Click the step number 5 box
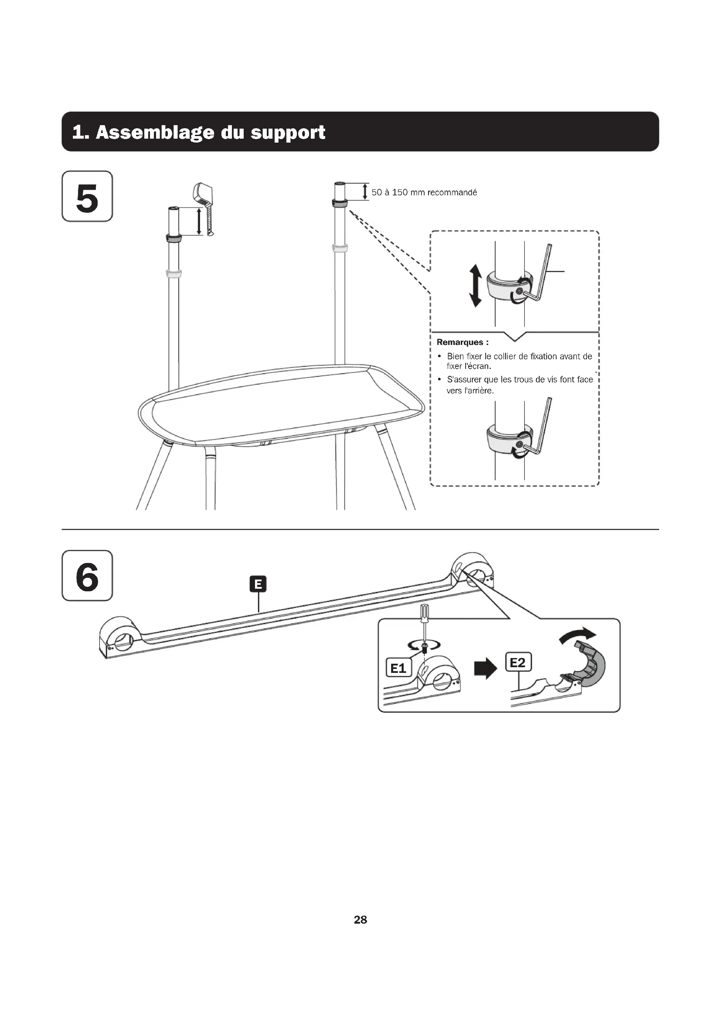(87, 196)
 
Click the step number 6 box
(87, 575)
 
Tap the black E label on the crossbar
(258, 584)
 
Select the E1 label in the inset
(398, 668)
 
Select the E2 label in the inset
(518, 662)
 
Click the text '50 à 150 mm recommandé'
(424, 192)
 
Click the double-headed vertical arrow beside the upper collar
(476, 286)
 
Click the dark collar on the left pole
(173, 238)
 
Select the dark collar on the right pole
(340, 204)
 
